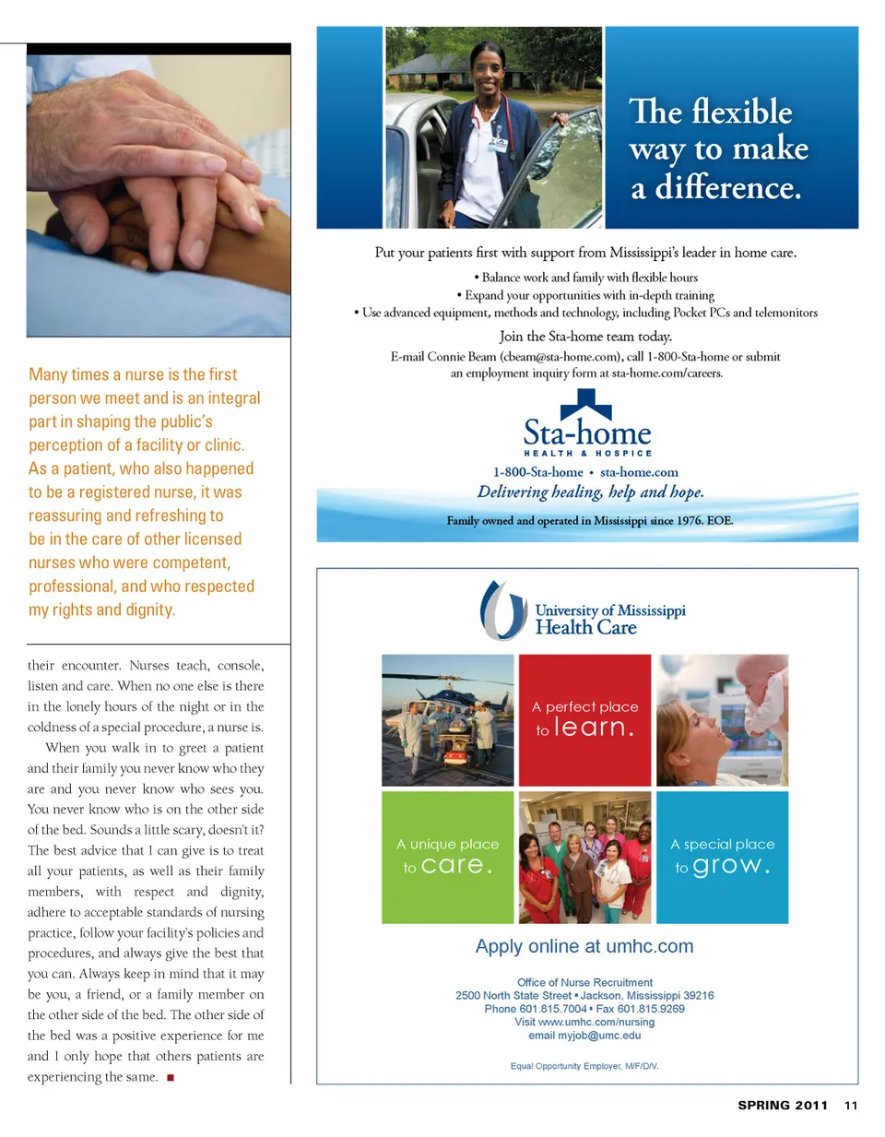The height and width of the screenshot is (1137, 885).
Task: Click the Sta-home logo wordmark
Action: [587, 432]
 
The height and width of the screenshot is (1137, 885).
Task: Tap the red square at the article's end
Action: [171, 1077]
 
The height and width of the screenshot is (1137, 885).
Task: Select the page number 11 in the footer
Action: [850, 1105]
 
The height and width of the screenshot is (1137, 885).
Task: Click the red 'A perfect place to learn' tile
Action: [584, 719]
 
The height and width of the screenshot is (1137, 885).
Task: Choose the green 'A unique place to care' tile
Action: [447, 857]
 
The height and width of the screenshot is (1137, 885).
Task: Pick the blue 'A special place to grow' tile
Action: [722, 857]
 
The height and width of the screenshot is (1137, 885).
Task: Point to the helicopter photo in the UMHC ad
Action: [448, 719]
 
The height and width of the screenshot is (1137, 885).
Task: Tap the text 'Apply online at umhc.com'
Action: [584, 946]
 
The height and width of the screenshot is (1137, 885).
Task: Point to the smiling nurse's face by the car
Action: [487, 69]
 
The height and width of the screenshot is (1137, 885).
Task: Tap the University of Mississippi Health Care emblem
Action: [502, 610]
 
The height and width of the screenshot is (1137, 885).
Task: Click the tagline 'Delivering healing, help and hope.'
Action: [590, 492]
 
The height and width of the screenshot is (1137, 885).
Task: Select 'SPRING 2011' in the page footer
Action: [783, 1105]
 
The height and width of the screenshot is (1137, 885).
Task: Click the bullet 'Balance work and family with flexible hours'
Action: [586, 278]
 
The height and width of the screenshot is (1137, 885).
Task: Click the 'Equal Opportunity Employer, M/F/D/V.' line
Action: [584, 1066]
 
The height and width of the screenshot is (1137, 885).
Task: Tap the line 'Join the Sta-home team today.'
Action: [585, 337]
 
